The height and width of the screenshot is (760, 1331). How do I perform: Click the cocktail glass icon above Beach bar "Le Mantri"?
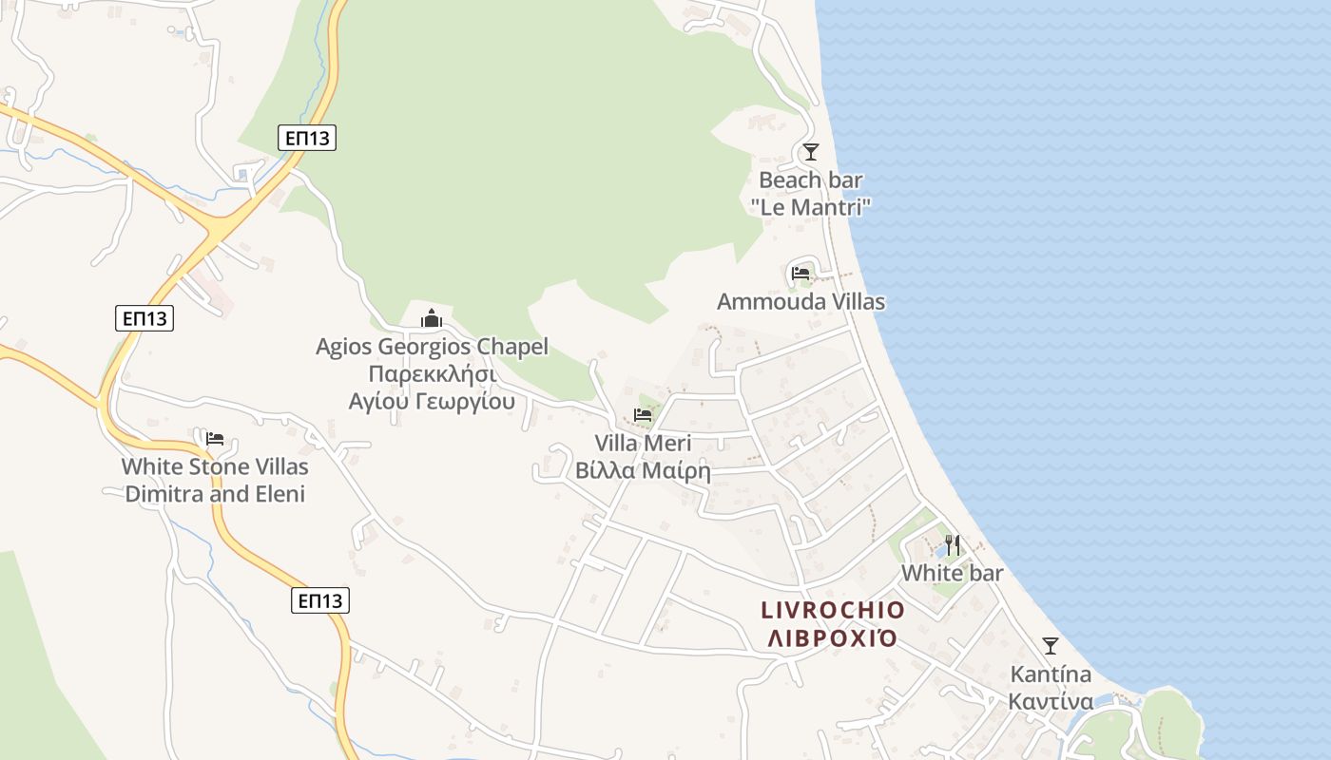coord(810,152)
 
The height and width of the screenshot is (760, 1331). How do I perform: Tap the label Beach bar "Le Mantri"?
coord(810,193)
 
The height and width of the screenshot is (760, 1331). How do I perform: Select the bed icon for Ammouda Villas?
coord(801,274)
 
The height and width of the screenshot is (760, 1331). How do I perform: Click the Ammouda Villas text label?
coord(801,302)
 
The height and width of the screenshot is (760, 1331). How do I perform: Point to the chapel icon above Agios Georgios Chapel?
coord(432,318)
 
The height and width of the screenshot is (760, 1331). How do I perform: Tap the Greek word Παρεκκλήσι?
coord(432,373)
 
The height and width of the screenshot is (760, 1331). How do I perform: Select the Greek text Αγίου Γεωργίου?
coord(432,401)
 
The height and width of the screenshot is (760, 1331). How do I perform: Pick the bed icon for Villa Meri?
coord(643,415)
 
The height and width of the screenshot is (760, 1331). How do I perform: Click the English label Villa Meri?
coord(643,443)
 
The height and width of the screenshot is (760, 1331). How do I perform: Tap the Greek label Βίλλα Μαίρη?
coord(643,470)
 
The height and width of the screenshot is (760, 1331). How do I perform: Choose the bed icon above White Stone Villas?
coord(215,439)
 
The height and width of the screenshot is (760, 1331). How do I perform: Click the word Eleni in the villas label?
coord(279,494)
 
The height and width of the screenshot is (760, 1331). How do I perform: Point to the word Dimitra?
coord(164,494)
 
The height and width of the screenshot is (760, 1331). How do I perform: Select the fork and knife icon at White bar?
coord(953,545)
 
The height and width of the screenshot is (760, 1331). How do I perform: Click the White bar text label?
coord(953,573)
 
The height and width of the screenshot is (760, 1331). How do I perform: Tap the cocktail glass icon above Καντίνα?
coord(1050,646)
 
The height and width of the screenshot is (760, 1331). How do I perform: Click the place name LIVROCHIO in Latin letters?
coord(833,609)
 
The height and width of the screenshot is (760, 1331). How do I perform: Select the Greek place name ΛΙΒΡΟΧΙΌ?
coord(833,636)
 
